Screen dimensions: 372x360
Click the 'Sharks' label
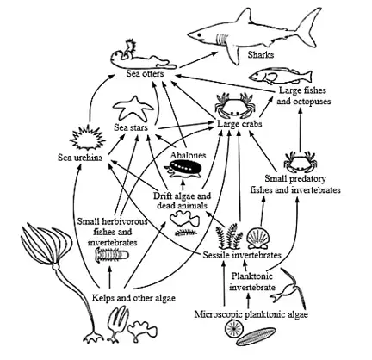[x=261, y=54]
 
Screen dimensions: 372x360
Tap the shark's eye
[x=199, y=34]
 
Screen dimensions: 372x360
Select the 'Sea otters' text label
[x=146, y=73]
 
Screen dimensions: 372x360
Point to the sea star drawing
[x=133, y=109]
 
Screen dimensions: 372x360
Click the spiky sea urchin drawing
[x=88, y=139]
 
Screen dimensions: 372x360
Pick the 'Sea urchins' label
[x=80, y=158]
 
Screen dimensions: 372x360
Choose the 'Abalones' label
[x=188, y=155]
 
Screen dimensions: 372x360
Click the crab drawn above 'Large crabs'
[x=235, y=105]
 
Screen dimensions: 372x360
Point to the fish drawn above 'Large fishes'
[x=280, y=76]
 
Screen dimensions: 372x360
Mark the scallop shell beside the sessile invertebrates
[x=258, y=238]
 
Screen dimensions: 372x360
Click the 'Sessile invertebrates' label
[x=242, y=255]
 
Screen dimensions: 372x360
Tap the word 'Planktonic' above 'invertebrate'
[x=252, y=276]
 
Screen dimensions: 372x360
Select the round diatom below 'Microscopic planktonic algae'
[x=234, y=329]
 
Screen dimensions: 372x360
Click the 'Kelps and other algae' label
[x=133, y=298]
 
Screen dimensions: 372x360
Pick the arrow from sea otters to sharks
[x=199, y=59]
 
